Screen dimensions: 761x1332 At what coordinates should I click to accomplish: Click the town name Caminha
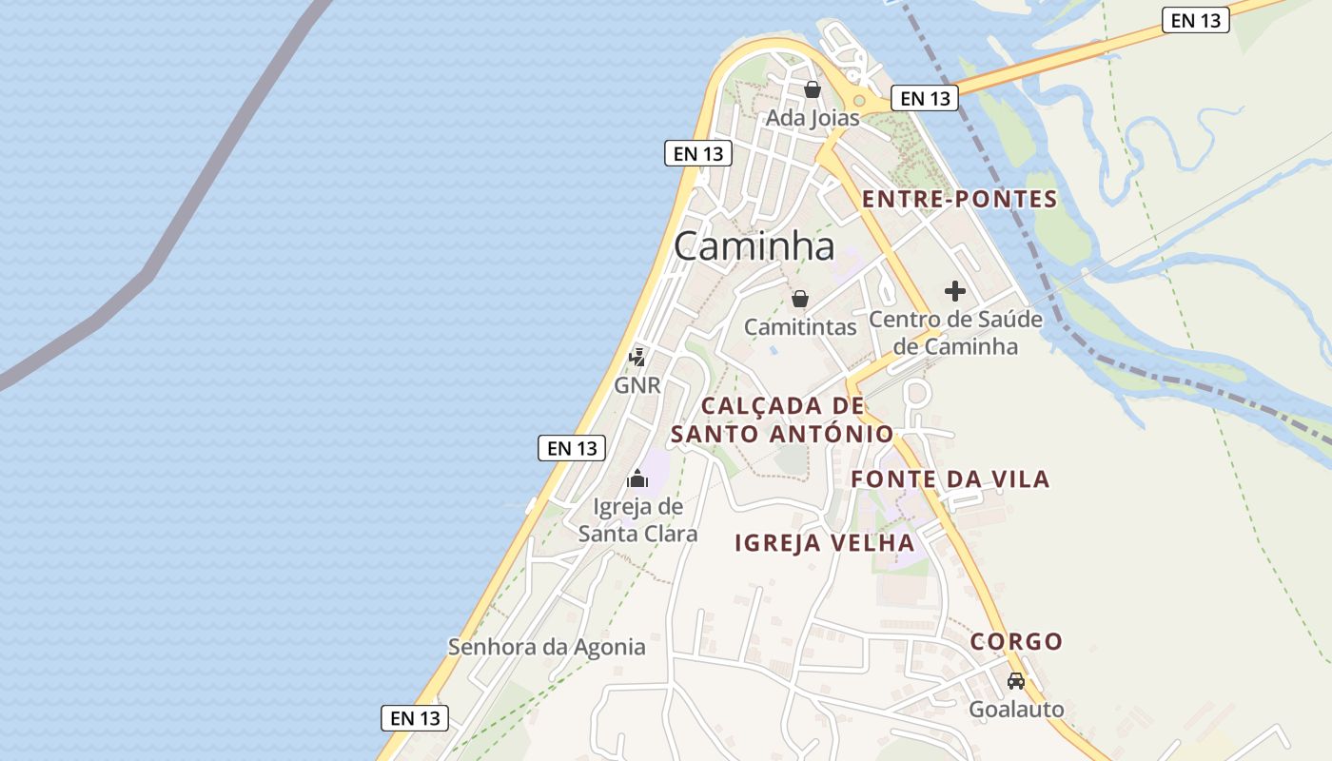(x=754, y=246)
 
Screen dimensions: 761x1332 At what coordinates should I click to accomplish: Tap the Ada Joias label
(x=813, y=118)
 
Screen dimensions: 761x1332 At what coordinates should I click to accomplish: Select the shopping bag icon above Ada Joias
(x=813, y=90)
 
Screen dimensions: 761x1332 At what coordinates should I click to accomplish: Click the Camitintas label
(x=800, y=327)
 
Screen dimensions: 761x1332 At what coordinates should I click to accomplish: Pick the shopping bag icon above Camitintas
(x=800, y=300)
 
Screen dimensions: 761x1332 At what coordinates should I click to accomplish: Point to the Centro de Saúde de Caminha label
(x=955, y=333)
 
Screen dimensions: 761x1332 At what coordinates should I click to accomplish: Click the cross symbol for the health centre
(x=955, y=291)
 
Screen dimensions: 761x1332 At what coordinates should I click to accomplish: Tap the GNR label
(x=637, y=385)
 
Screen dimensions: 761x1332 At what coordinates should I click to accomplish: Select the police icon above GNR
(x=637, y=358)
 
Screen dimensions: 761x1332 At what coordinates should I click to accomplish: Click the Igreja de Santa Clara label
(x=637, y=519)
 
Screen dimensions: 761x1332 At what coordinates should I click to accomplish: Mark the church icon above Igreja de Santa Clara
(x=637, y=478)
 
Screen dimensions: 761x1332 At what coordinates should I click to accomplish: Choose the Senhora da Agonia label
(x=547, y=648)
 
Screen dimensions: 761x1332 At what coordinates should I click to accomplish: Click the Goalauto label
(x=1016, y=710)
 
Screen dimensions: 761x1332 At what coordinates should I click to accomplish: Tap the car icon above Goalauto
(x=1016, y=681)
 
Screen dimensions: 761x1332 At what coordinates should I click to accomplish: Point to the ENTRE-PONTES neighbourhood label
(x=959, y=199)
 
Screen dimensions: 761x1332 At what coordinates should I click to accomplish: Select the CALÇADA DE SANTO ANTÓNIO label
(x=782, y=420)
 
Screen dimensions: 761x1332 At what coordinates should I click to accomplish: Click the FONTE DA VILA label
(x=950, y=478)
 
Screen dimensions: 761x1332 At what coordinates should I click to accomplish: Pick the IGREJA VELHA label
(x=824, y=543)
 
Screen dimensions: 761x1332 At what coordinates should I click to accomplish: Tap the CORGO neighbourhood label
(x=1016, y=641)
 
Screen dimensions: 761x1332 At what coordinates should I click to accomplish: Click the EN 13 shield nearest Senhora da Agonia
(x=415, y=718)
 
